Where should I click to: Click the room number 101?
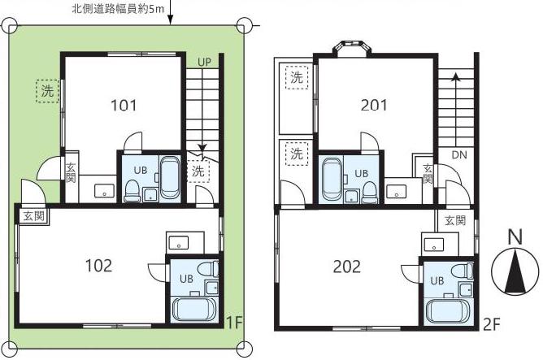(x=124, y=105)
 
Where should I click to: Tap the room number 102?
(x=98, y=266)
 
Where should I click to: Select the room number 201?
(x=374, y=105)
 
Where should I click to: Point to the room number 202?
(x=346, y=267)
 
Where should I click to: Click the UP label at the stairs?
(x=204, y=63)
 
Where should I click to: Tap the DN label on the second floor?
(x=459, y=155)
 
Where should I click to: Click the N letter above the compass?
(x=515, y=237)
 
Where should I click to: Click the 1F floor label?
(x=233, y=323)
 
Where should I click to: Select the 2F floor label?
(x=492, y=325)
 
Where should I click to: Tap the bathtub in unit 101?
(x=171, y=178)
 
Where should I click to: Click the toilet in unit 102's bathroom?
(x=208, y=269)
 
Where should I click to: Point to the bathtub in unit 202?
(x=448, y=310)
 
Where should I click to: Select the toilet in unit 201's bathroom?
(x=369, y=193)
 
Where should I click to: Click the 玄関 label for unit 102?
(x=33, y=216)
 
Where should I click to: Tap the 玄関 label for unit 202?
(x=455, y=220)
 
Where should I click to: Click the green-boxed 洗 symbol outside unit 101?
(x=47, y=91)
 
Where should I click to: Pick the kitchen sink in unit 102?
(x=178, y=242)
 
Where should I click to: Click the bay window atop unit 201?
(x=351, y=47)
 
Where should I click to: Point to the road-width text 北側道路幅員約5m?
(x=118, y=9)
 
